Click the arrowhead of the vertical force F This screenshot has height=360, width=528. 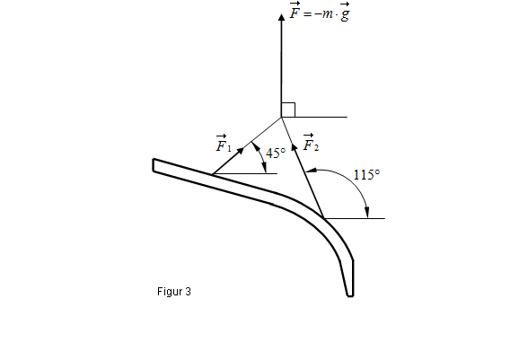pos(281,17)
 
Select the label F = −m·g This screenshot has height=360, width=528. pos(320,12)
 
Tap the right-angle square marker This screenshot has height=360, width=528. pos(288,110)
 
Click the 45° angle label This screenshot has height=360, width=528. pos(276,154)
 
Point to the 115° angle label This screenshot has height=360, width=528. pos(366,174)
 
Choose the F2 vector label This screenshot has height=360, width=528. pos(311,142)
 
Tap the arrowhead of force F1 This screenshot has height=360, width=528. pos(241,150)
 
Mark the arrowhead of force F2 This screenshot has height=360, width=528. pos(294,147)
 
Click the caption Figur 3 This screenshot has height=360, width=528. pos(174,292)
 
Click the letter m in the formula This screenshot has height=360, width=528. pos(327,14)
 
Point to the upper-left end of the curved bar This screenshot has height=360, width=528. pos(154,164)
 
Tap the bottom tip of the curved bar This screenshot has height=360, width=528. pos(350,295)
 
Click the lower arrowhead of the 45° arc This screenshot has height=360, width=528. pos(265,169)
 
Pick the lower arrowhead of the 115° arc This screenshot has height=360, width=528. pos(367,213)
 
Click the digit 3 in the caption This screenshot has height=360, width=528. pos(188,291)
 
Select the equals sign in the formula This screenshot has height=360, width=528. pos(307,14)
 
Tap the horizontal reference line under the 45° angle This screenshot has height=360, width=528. pos(245,174)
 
